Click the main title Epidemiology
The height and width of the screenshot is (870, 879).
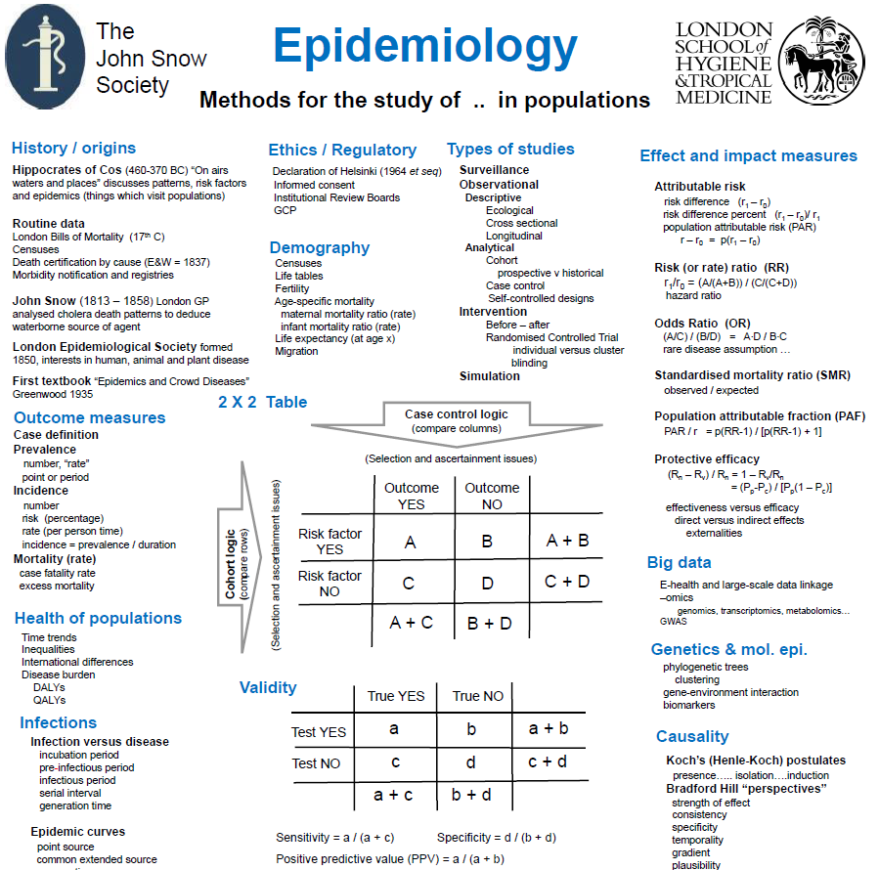coord(424,46)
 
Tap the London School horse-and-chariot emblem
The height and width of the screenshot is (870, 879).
coord(827,57)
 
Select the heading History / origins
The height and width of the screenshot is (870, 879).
coord(73,149)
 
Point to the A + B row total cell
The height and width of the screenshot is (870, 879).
coord(566,539)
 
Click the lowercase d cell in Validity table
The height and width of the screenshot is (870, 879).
coord(470,761)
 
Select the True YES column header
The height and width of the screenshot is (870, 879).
coord(395,696)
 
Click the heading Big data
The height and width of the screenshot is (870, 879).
coord(679,563)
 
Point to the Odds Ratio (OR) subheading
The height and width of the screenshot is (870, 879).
coord(702,324)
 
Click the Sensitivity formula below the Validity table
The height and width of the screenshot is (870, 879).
coord(335,838)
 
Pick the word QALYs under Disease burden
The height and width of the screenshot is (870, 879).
coord(49,699)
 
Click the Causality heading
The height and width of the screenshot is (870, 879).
coord(692,737)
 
